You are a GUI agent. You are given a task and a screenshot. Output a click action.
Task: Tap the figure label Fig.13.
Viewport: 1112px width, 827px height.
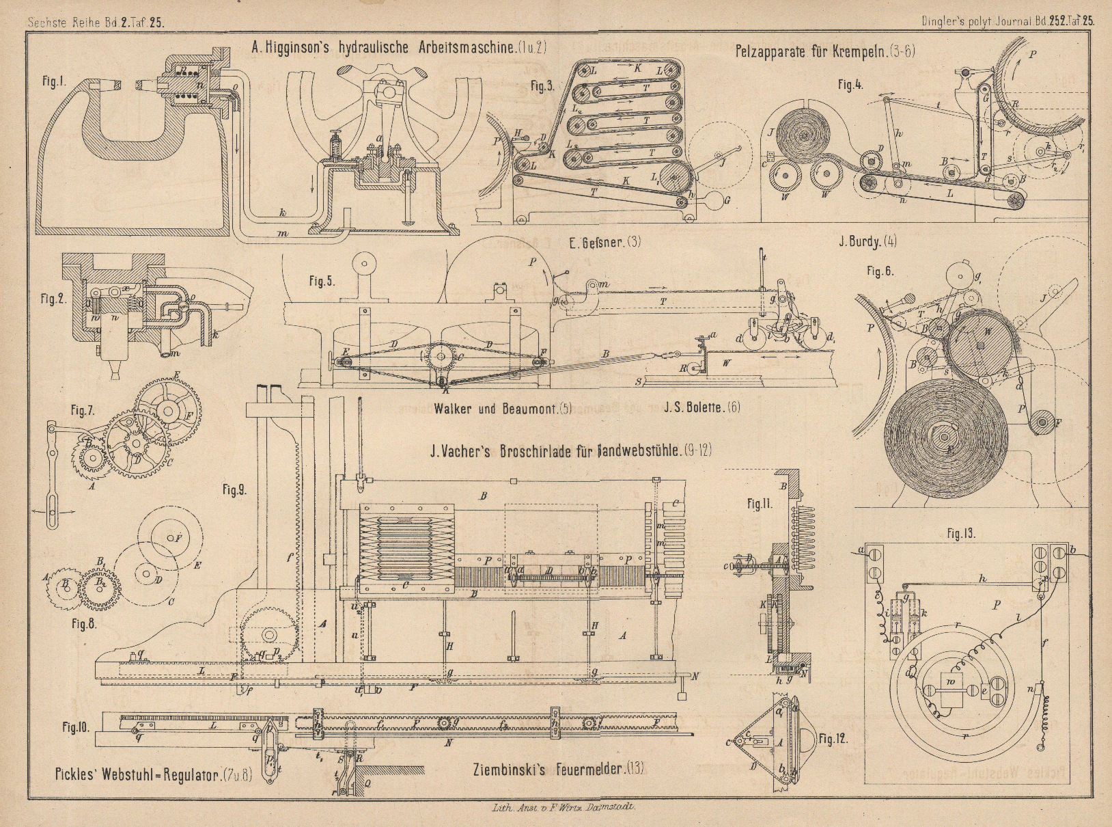(x=960, y=534)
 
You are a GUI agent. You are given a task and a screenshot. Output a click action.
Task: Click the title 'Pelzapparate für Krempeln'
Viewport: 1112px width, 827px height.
(x=825, y=51)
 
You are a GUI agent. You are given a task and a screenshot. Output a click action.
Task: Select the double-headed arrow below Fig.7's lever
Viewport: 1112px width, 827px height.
(x=51, y=511)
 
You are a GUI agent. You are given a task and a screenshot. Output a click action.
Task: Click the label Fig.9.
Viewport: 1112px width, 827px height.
(x=234, y=489)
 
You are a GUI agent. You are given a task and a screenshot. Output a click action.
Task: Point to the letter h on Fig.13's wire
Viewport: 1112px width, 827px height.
(x=982, y=578)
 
